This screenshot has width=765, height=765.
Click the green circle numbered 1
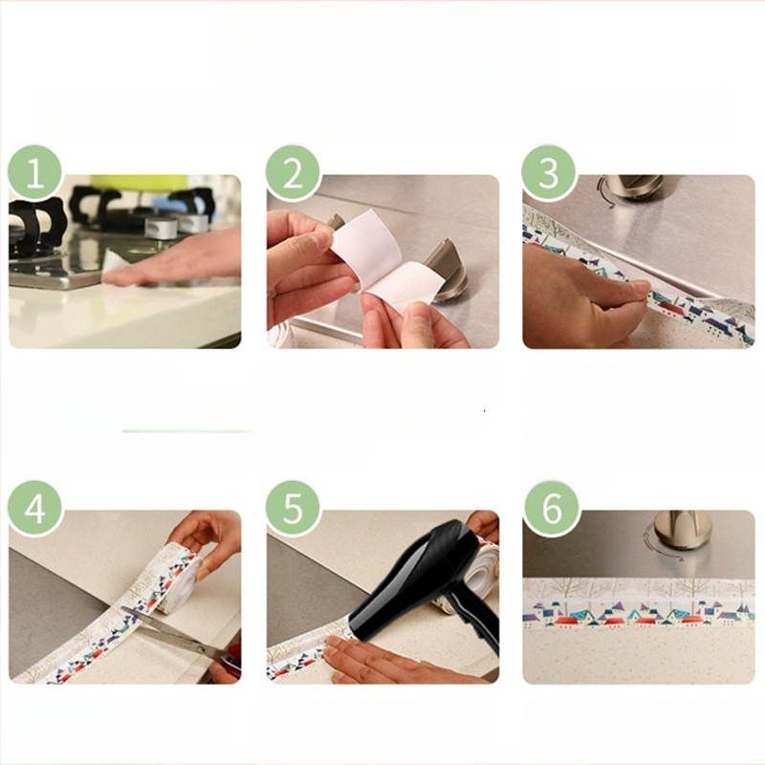tap(35, 173)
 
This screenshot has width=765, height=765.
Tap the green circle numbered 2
tap(293, 173)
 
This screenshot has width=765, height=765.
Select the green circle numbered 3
tap(549, 173)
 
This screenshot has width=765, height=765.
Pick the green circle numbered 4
tap(35, 509)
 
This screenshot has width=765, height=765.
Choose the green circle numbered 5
tap(293, 509)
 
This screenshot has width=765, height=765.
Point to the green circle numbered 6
tap(552, 509)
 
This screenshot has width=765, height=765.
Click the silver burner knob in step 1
tap(162, 228)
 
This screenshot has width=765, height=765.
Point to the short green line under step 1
tap(189, 431)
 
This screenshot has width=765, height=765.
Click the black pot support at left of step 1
tap(35, 229)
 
